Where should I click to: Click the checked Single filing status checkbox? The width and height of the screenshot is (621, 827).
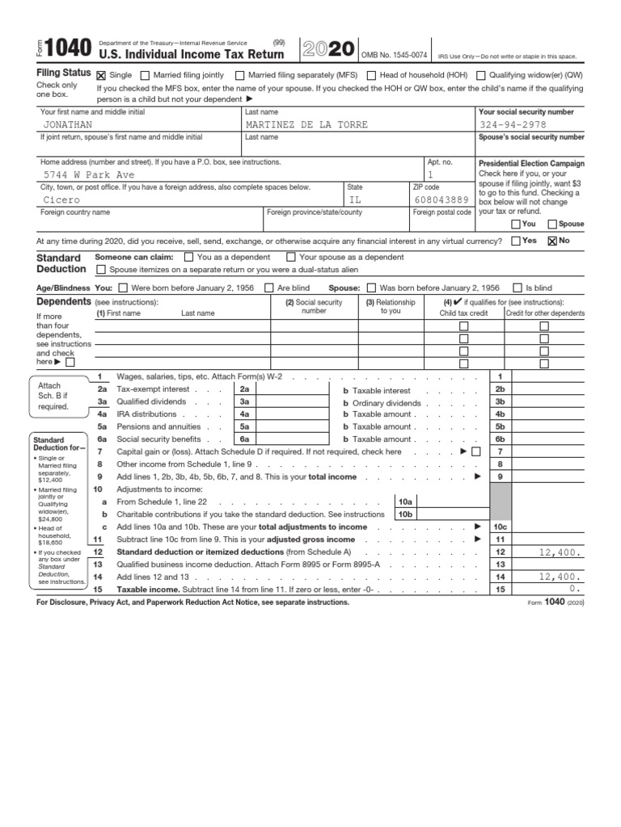(x=101, y=75)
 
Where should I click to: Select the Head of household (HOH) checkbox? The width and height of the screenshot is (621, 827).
(x=371, y=75)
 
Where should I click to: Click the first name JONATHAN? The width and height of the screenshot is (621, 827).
(x=68, y=125)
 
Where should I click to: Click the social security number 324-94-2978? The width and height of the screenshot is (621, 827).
(x=513, y=125)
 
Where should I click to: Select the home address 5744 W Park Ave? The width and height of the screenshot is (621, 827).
(x=89, y=174)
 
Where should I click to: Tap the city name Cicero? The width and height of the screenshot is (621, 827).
(x=61, y=199)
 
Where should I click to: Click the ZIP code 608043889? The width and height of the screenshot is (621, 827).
(x=441, y=199)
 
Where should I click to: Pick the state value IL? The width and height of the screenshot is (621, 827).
(x=356, y=199)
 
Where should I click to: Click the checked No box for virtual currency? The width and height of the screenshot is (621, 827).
(x=553, y=241)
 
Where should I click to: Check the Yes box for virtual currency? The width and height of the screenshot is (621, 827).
(x=516, y=241)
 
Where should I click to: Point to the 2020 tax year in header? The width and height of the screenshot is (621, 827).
(x=327, y=49)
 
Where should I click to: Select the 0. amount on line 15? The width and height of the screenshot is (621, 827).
(x=575, y=590)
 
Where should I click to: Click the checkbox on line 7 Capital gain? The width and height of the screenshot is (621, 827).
(x=475, y=451)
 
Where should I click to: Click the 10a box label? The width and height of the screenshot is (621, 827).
(x=404, y=502)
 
